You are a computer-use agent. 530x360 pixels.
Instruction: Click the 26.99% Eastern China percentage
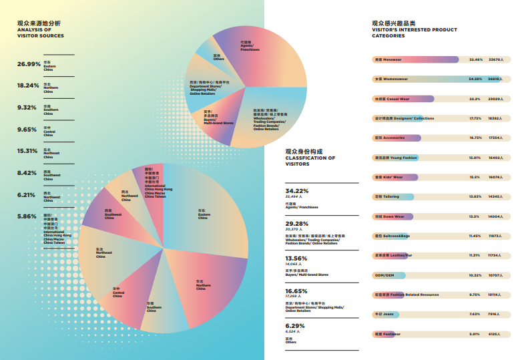click(x=28, y=64)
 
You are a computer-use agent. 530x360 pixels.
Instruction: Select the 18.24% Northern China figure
click(x=28, y=85)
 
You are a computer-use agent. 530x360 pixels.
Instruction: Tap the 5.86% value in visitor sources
click(x=28, y=216)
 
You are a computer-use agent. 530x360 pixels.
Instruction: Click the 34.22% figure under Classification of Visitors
click(x=296, y=191)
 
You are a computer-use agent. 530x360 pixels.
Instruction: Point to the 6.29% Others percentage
click(x=294, y=325)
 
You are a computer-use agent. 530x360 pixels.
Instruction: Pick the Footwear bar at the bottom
click(x=388, y=333)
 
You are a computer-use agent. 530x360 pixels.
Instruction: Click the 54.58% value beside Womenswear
click(x=475, y=79)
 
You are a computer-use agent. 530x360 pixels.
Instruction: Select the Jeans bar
click(x=388, y=314)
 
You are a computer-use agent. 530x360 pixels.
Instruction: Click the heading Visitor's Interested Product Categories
click(x=415, y=29)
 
